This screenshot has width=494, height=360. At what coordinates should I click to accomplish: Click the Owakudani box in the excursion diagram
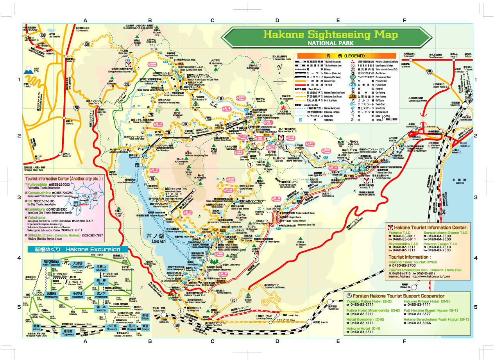pyautogui.click(x=78, y=264)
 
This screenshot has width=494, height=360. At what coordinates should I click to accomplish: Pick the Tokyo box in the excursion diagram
pyautogui.click(x=145, y=326)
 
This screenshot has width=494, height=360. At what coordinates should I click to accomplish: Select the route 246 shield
pyautogui.click(x=76, y=108)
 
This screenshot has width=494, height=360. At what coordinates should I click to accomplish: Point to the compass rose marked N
pyautogui.click(x=280, y=81)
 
